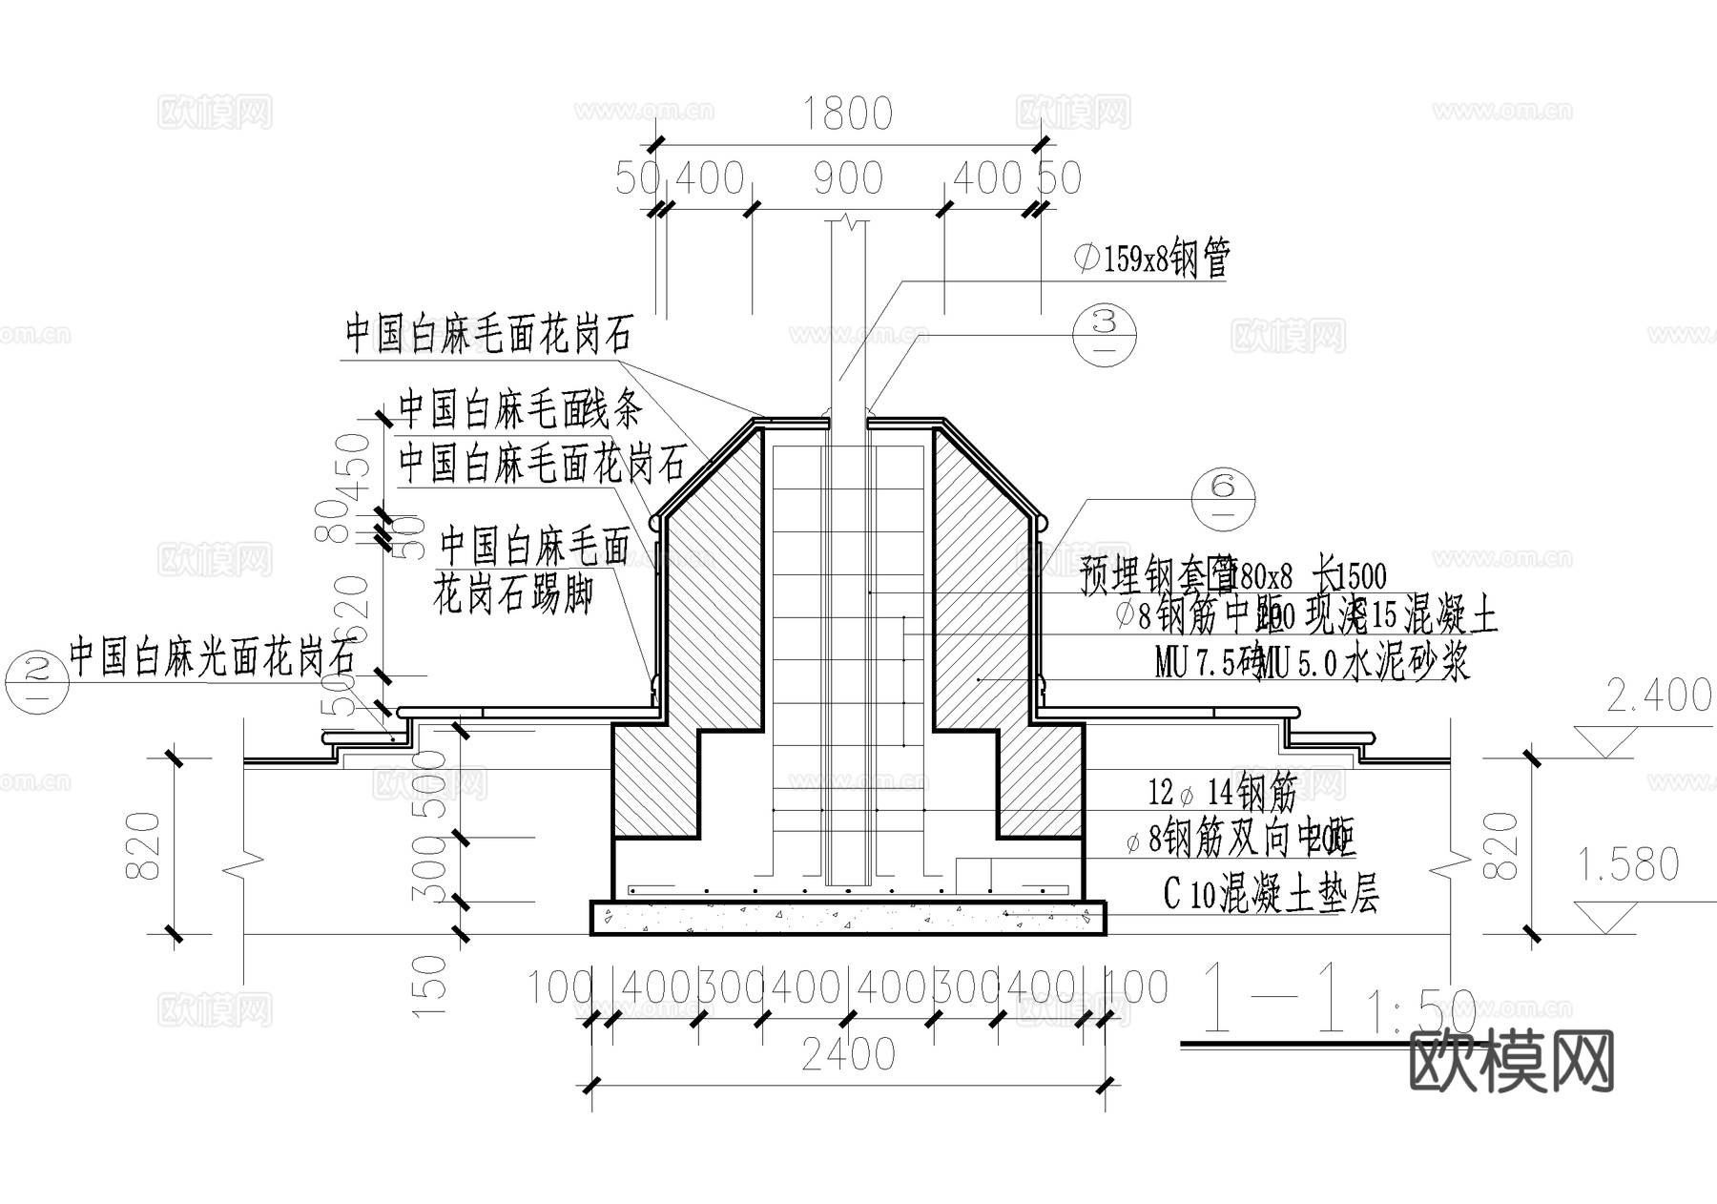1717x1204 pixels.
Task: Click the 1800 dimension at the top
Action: click(847, 114)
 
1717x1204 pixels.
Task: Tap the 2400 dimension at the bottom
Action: click(848, 1055)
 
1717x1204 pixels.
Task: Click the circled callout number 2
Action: click(36, 681)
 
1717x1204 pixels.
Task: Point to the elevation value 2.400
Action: click(1659, 696)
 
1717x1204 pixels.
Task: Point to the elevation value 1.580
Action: click(1626, 864)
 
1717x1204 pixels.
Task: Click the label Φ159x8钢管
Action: click(1152, 259)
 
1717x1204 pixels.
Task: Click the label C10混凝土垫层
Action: click(1271, 895)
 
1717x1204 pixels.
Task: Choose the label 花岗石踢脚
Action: click(513, 596)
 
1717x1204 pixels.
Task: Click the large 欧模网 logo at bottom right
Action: click(1511, 1061)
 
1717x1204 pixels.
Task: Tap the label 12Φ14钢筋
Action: click(1221, 791)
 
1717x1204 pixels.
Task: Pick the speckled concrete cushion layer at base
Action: click(848, 918)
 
